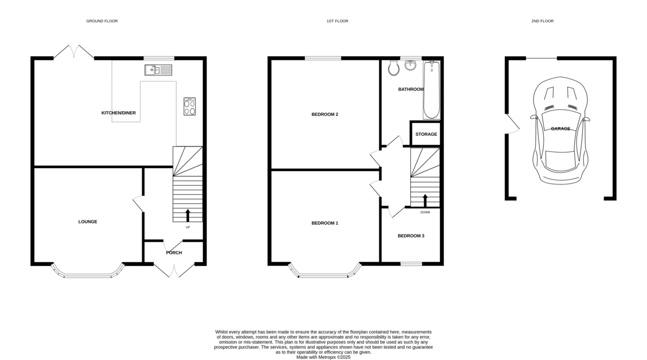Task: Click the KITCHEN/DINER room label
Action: (119, 113)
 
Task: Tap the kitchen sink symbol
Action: (158, 70)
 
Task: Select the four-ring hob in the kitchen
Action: (190, 106)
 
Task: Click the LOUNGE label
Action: (87, 221)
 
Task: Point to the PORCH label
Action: (174, 253)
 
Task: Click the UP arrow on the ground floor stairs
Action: (188, 216)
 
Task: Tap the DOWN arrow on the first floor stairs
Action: (425, 200)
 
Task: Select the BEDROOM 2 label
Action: (325, 114)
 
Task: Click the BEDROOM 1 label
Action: (325, 223)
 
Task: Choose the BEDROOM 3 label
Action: (411, 236)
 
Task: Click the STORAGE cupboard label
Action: (426, 134)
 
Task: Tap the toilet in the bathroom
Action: (394, 67)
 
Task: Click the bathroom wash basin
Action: (411, 65)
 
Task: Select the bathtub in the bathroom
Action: (432, 90)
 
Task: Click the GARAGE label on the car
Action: (560, 129)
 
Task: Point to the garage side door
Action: (512, 124)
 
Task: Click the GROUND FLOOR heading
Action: (102, 21)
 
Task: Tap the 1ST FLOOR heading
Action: (337, 21)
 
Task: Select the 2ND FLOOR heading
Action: (542, 21)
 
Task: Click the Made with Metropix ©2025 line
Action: (323, 357)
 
